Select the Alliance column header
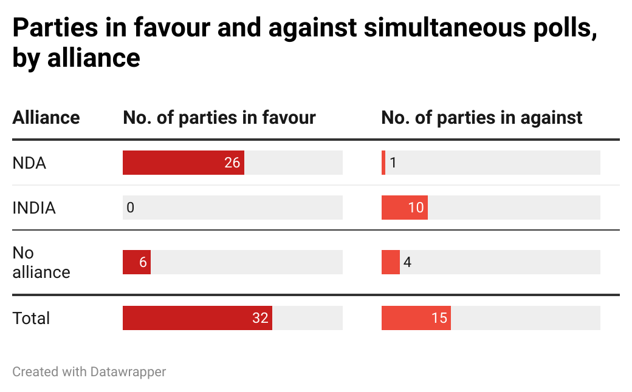(x=46, y=117)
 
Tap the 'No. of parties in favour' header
(x=219, y=117)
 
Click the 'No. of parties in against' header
(x=482, y=117)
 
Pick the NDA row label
(x=29, y=163)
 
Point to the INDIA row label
(x=34, y=208)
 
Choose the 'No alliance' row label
(x=41, y=262)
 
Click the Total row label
(x=31, y=318)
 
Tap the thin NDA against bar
(x=383, y=163)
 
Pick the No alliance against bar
(x=390, y=262)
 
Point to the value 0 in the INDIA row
(x=130, y=208)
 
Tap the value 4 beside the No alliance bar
(x=407, y=262)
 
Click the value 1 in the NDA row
(x=393, y=163)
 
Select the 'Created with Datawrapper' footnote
(x=89, y=371)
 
